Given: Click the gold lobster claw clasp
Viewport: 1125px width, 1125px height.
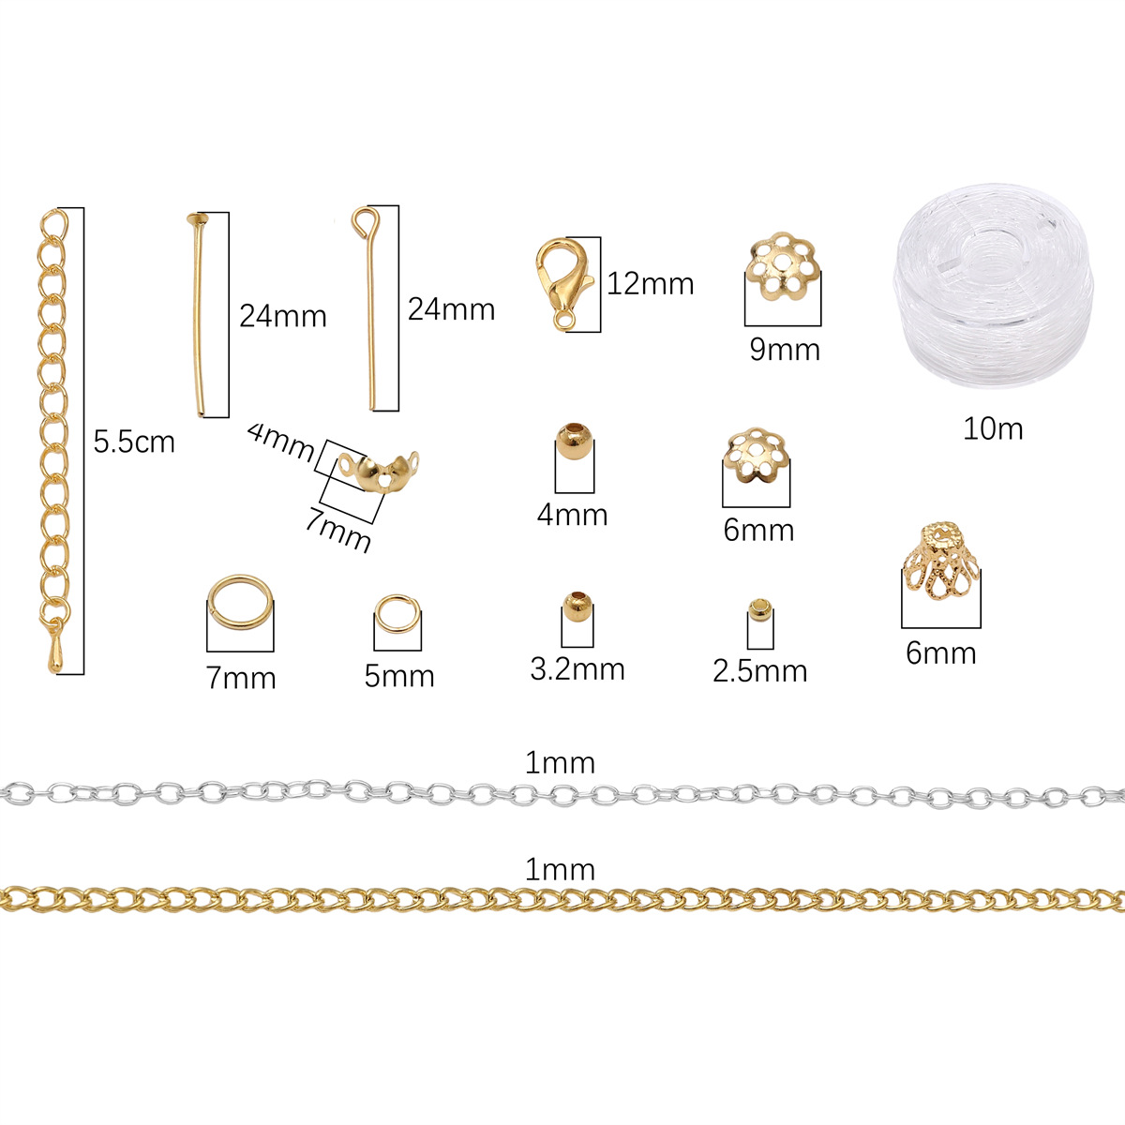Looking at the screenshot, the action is [562, 279].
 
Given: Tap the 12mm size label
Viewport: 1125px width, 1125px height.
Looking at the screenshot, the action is [650, 283].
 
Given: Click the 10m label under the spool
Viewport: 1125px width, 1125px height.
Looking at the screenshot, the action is [993, 428].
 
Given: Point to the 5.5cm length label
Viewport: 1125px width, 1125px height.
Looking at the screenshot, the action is [134, 442].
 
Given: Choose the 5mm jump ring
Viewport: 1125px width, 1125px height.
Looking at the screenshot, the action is [396, 617].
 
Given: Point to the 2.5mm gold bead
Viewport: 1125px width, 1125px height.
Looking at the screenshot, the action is [759, 611].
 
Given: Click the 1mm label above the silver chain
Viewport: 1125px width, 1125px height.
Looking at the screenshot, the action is [560, 763].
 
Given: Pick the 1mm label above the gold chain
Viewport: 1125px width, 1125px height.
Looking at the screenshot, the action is [560, 869].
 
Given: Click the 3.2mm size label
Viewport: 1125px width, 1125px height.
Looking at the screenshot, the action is [577, 668].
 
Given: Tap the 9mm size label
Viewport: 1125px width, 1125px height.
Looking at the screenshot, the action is [785, 350].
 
